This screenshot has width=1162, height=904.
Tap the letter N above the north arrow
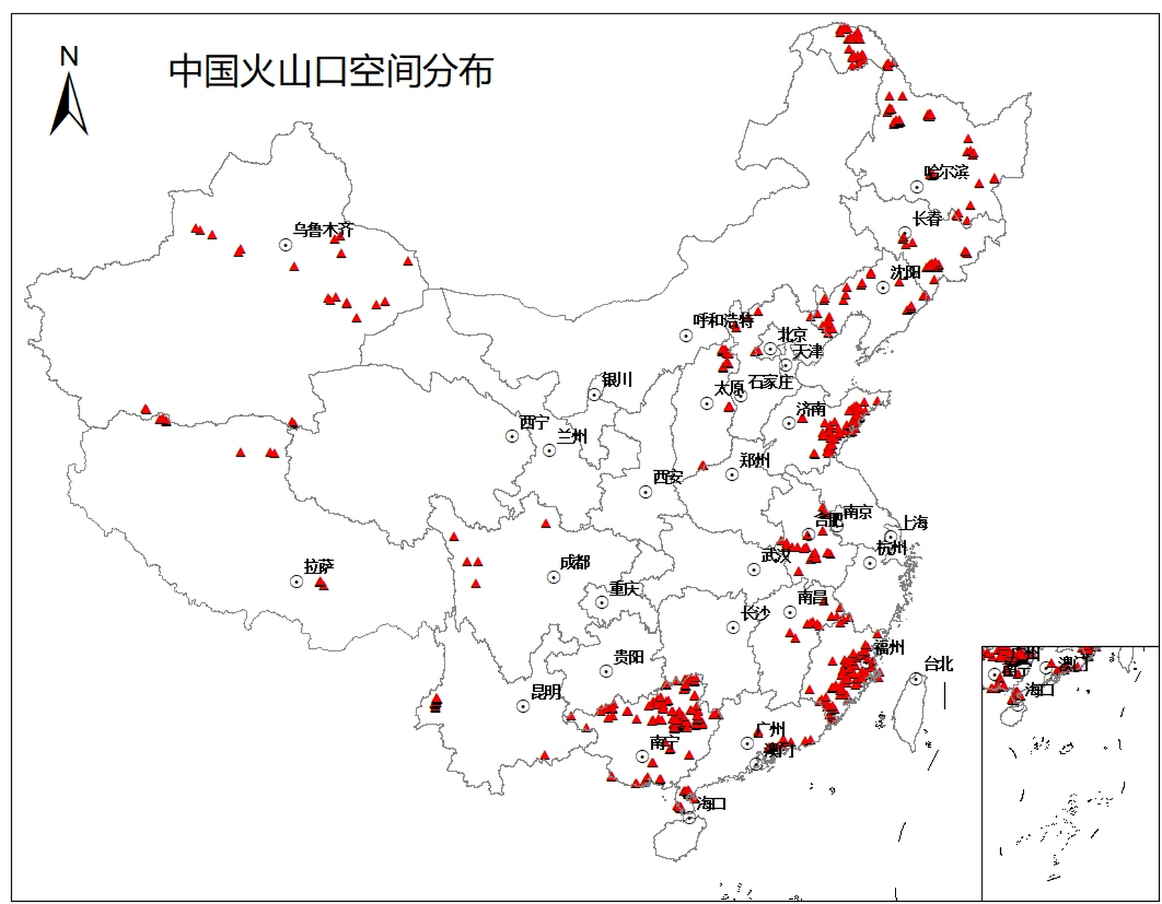pos(69,56)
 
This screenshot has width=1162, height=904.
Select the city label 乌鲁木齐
pos(323,230)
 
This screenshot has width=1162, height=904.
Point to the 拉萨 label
pos(319,566)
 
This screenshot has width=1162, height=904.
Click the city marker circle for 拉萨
pos(297,582)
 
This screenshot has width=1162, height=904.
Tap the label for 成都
pos(575,562)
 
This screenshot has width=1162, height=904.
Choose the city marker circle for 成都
pos(554,578)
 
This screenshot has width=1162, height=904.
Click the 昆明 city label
pos(546,691)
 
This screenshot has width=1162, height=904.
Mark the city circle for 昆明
pos(523,706)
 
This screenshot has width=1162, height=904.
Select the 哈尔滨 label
pos(946,172)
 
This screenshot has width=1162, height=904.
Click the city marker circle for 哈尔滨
pos(917,187)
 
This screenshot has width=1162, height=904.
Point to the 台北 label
pos(938,664)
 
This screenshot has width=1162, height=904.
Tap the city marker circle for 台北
pos(917,679)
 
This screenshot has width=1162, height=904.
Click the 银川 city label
pos(616,380)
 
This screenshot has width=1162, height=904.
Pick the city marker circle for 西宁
pos(512,436)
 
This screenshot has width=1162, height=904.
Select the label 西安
pos(667,477)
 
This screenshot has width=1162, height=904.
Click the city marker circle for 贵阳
pos(606,672)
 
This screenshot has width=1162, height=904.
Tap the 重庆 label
pos(624,588)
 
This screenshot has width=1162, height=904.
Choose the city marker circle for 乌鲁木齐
pos(286,245)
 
